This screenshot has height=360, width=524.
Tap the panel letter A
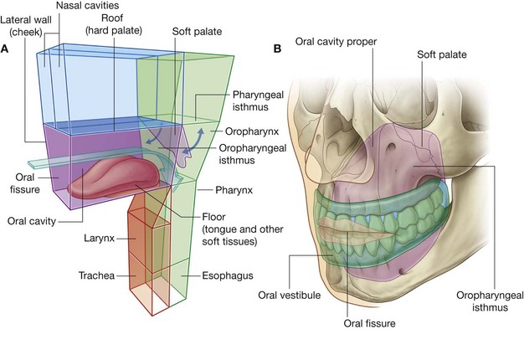tap(7, 48)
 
